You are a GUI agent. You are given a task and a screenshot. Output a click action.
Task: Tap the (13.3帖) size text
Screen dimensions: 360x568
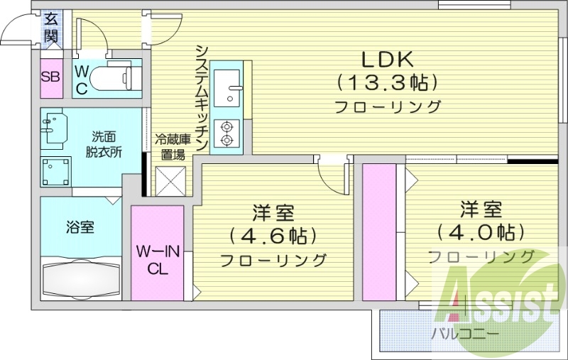(385, 82)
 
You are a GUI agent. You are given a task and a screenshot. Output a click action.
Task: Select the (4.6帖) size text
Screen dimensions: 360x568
(273, 235)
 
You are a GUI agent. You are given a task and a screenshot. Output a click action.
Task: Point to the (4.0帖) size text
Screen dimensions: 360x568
(481, 231)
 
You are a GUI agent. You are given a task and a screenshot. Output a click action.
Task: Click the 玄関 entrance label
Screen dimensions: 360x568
(50, 27)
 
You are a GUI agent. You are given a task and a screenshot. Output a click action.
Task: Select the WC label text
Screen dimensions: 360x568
(82, 80)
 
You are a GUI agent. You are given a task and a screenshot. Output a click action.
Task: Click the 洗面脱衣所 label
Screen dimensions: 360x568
(102, 144)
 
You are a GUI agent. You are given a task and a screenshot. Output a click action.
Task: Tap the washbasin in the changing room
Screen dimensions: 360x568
(54, 128)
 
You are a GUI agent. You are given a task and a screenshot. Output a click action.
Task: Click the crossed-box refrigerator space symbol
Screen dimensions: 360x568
(171, 180)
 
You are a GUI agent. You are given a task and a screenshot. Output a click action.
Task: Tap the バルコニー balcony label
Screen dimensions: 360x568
(464, 332)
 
